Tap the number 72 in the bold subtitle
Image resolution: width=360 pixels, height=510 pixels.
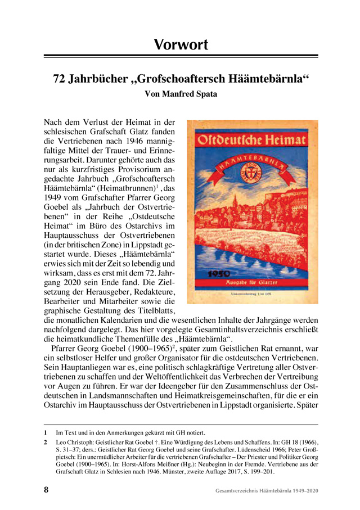(60, 79)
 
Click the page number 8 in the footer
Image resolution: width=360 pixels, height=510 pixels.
(46, 490)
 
